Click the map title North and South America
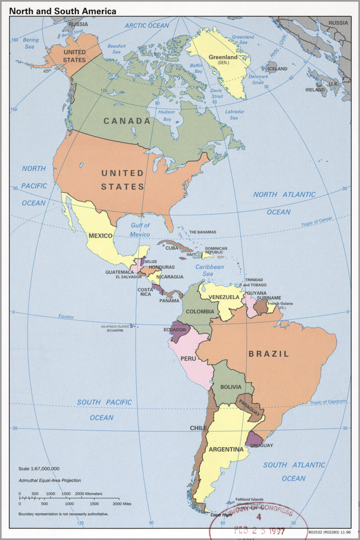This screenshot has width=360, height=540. [x=62, y=11]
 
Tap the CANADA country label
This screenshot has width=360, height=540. [x=127, y=121]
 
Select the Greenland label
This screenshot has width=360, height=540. [x=223, y=57]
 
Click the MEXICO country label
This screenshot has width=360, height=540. [x=100, y=236]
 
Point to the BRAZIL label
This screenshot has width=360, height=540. [x=269, y=354]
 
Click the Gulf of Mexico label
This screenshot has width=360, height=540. [x=140, y=230]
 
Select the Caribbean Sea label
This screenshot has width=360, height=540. [x=209, y=271]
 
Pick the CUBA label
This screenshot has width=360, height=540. [x=172, y=248]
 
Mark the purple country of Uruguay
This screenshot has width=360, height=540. [x=254, y=440]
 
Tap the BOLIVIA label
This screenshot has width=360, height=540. [x=230, y=388]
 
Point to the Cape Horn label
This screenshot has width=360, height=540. [x=221, y=515]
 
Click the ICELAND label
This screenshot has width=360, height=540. [x=278, y=69]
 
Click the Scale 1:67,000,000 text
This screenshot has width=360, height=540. [x=39, y=469]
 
